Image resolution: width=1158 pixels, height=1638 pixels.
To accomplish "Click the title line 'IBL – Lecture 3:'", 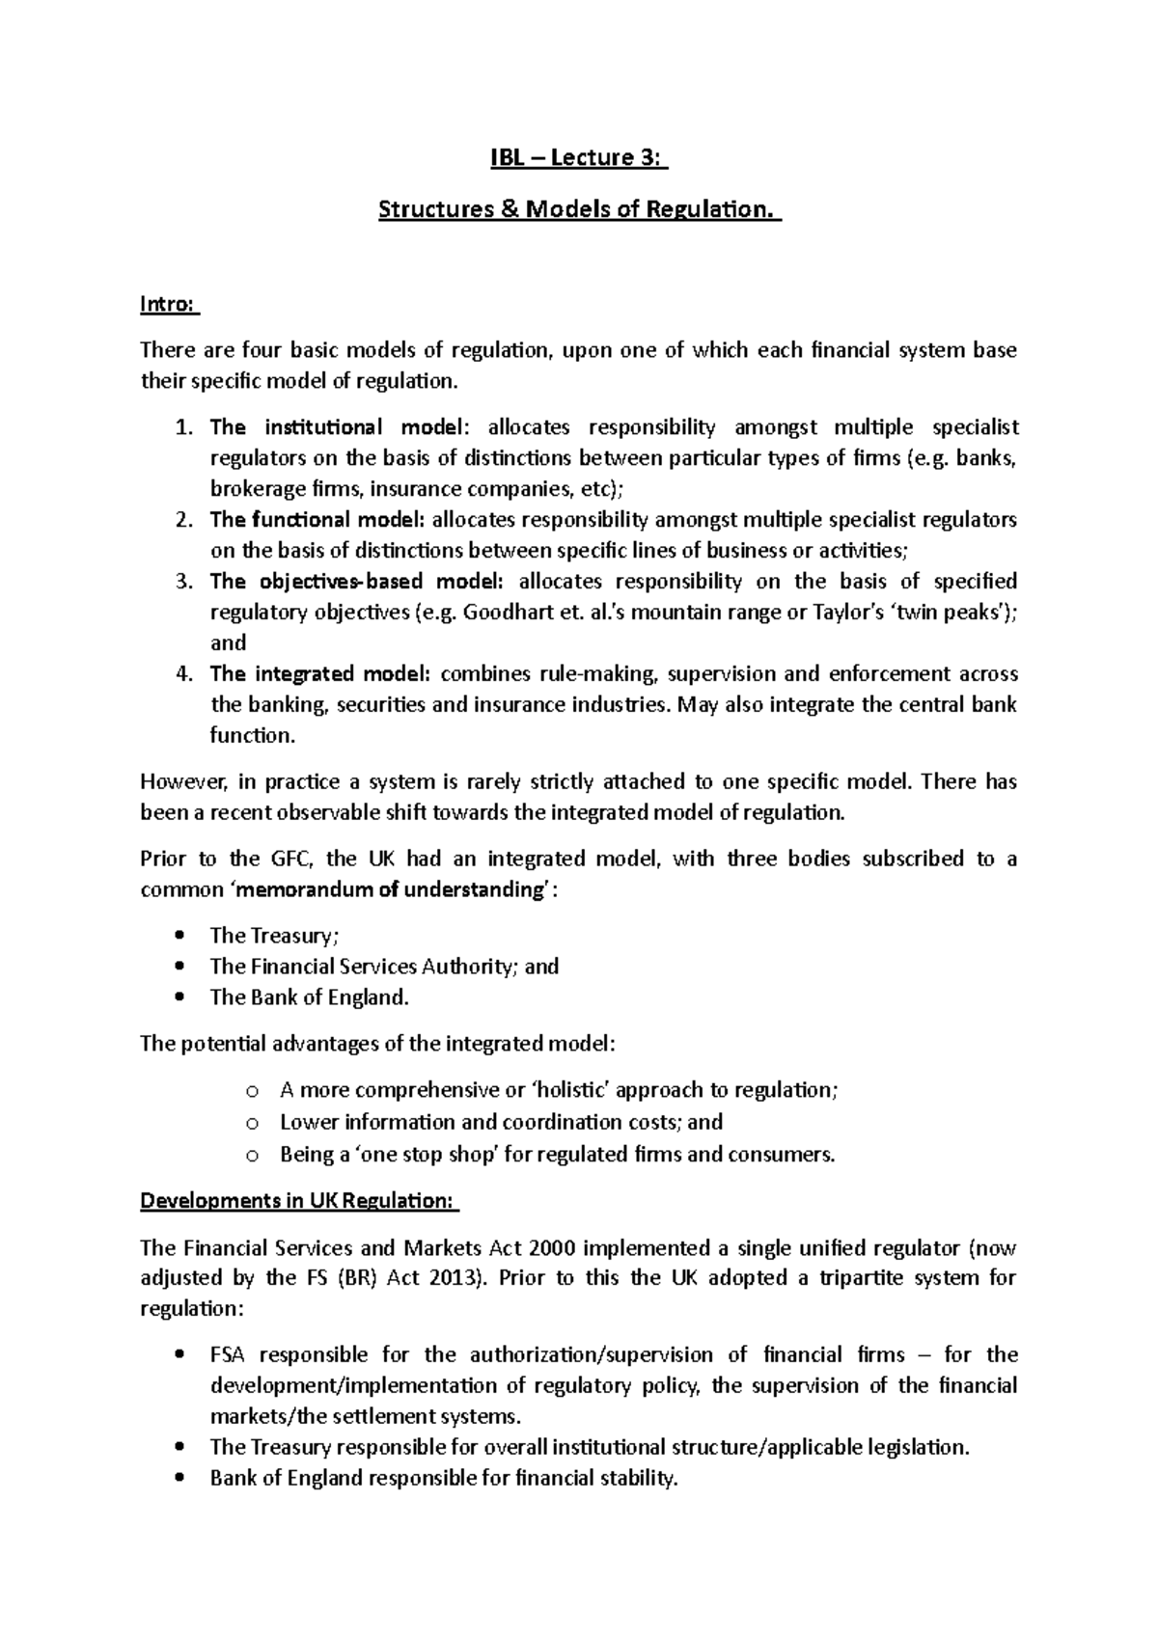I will coord(578,158).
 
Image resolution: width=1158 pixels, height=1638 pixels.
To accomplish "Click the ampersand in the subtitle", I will coord(508,208).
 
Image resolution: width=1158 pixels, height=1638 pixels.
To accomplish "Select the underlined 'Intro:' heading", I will coord(168,305).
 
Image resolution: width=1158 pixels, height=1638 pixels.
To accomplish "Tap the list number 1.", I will coord(185,427).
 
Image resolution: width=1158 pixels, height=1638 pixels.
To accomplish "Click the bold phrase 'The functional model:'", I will coord(317,520).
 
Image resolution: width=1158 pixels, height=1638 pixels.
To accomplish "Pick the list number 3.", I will coord(185,582).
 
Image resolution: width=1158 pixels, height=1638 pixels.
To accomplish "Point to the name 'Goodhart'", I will coord(502,613).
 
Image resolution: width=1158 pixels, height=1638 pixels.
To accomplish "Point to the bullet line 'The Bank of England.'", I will coord(309,997).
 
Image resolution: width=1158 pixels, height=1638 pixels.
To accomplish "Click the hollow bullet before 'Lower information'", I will coord(252,1123).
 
